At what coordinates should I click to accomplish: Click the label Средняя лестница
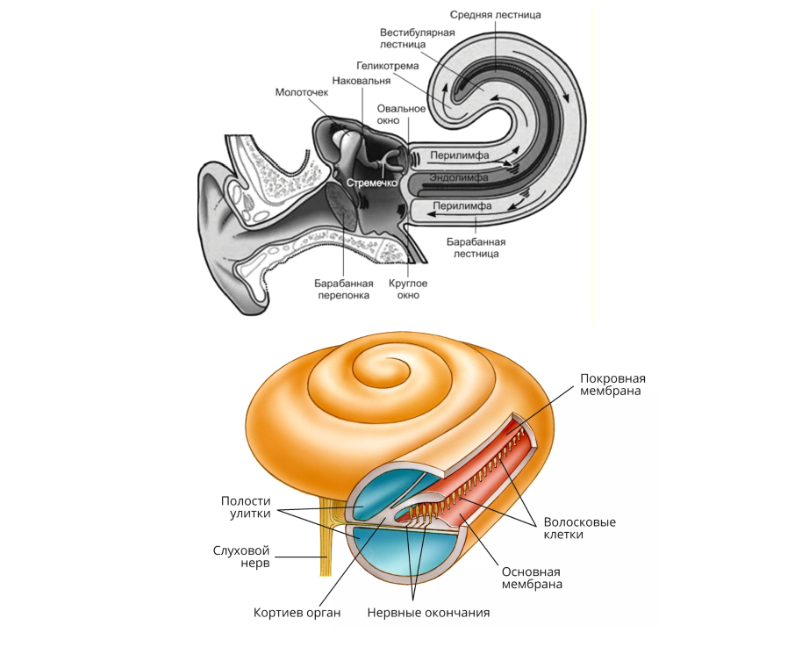495,15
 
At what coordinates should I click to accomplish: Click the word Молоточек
302,91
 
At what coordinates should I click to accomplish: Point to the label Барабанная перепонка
344,289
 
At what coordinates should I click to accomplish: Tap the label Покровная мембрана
619,384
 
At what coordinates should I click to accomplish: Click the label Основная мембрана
532,577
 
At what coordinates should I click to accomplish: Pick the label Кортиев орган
297,612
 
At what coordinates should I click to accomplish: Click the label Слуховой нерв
241,557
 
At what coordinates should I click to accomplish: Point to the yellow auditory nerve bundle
326,544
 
